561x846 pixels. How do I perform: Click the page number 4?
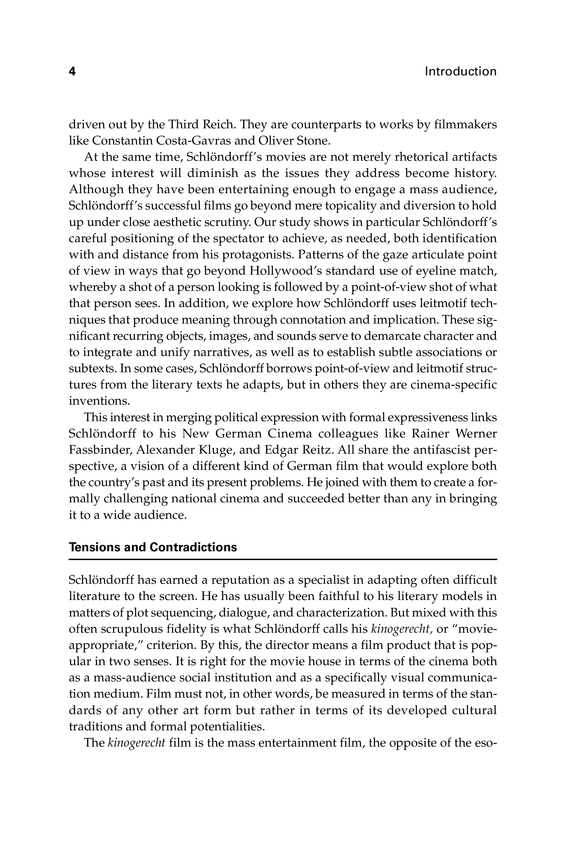72,72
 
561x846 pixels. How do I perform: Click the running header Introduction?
461,72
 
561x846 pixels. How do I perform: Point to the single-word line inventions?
99,401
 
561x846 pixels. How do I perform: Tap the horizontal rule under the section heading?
283,559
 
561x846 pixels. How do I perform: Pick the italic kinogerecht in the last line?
136,743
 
